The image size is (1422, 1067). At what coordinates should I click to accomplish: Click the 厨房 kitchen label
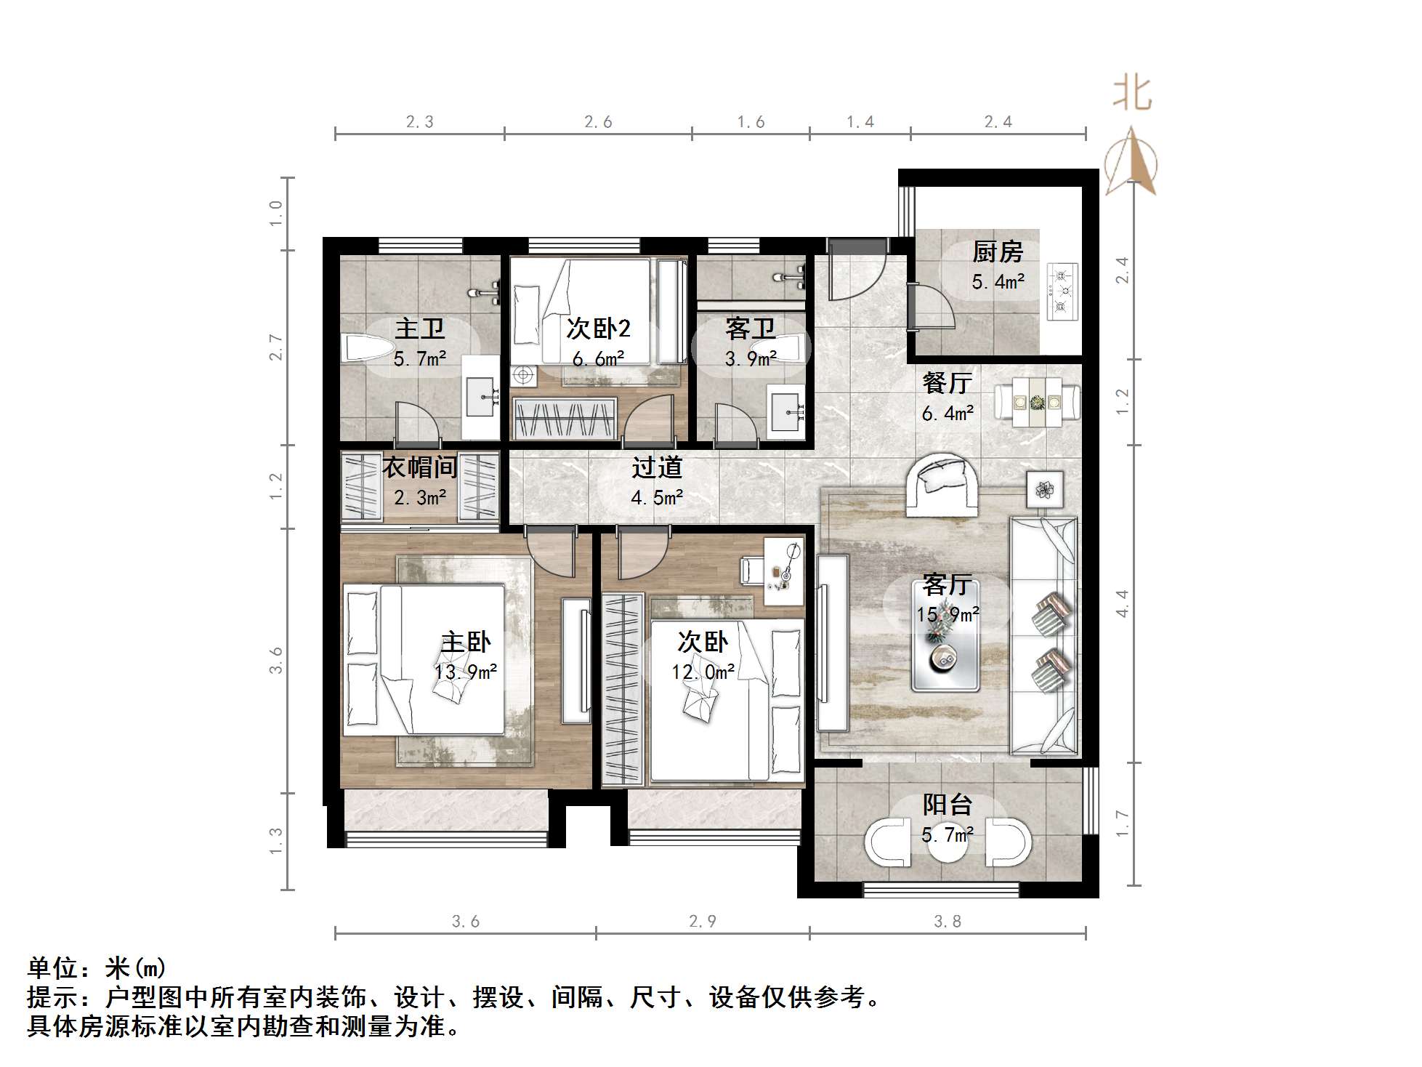tap(998, 252)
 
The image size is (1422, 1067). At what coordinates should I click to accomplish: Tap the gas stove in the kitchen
tap(1062, 291)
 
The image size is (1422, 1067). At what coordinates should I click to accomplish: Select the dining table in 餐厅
tap(1038, 401)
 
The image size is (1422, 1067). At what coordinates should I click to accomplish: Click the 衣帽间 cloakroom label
tap(420, 467)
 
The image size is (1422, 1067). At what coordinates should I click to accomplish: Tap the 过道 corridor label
tap(657, 467)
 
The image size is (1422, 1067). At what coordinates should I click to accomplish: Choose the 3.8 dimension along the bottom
tap(948, 922)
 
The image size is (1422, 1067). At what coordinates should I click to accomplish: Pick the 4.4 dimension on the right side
tap(1123, 603)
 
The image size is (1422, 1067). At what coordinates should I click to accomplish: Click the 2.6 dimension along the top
tap(598, 122)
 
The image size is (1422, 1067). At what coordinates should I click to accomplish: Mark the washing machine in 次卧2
tap(522, 376)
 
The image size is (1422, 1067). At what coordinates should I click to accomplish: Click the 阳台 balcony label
tap(948, 805)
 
